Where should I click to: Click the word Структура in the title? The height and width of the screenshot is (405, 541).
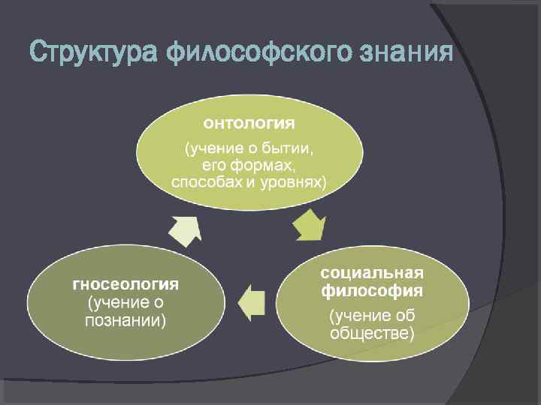92,52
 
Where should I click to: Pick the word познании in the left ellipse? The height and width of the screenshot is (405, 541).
126,320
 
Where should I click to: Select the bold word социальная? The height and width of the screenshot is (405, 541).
373,271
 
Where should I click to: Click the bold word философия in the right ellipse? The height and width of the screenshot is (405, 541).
373,289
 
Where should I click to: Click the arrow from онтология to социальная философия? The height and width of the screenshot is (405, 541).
310,224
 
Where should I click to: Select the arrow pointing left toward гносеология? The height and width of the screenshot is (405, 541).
252,302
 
